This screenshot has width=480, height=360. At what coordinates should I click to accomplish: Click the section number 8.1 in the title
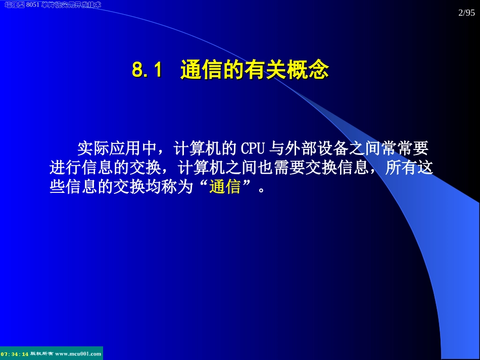[x=147, y=71]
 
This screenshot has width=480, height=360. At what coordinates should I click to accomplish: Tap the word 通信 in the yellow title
[x=196, y=71]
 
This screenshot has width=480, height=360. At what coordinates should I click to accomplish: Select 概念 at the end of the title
[x=313, y=71]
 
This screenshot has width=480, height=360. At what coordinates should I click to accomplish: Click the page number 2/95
[x=467, y=14]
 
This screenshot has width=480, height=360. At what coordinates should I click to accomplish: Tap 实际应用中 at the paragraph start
[x=117, y=149]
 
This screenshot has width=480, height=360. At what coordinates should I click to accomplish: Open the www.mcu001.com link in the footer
[x=78, y=354]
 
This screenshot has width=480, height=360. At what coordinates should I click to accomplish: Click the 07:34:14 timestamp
[x=15, y=354]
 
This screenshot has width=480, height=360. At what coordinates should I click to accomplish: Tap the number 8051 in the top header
[x=33, y=5]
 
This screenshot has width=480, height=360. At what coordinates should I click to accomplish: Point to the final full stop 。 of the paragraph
[x=261, y=190]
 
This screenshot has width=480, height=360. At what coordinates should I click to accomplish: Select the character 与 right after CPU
[x=277, y=149]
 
